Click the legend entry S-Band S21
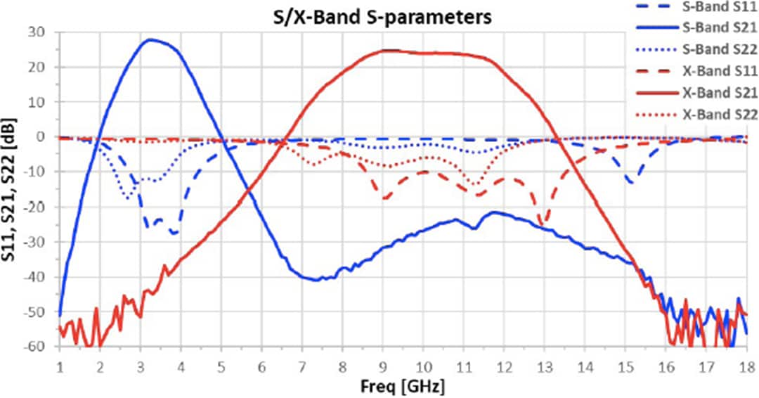pyautogui.click(x=716, y=29)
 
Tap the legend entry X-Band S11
pyautogui.click(x=716, y=70)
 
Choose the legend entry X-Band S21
pyautogui.click(x=716, y=92)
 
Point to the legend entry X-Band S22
pyautogui.click(x=716, y=114)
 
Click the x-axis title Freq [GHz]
pyautogui.click(x=403, y=386)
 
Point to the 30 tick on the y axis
pyautogui.click(x=44, y=32)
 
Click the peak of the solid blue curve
pyautogui.click(x=150, y=39)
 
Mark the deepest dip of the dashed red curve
pyautogui.click(x=542, y=225)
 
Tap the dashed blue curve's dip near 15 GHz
pyautogui.click(x=630, y=183)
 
